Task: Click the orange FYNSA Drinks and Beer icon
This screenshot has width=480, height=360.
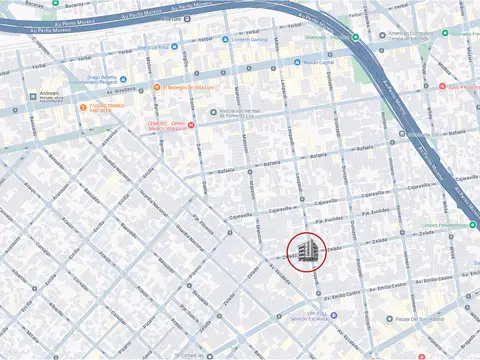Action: pyautogui.click(x=83, y=108)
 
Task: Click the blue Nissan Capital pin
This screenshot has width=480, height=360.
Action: pyautogui.click(x=297, y=61)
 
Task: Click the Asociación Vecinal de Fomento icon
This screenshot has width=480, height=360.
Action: pyautogui.click(x=212, y=112)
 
